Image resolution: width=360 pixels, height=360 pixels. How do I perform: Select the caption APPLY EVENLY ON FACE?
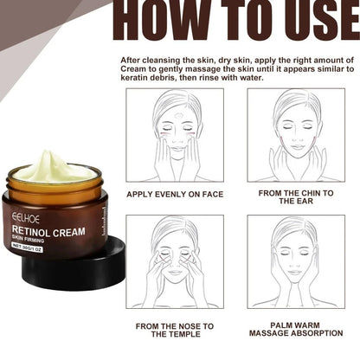(174, 194)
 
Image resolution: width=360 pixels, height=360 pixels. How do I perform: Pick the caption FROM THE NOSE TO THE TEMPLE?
(175, 330)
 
